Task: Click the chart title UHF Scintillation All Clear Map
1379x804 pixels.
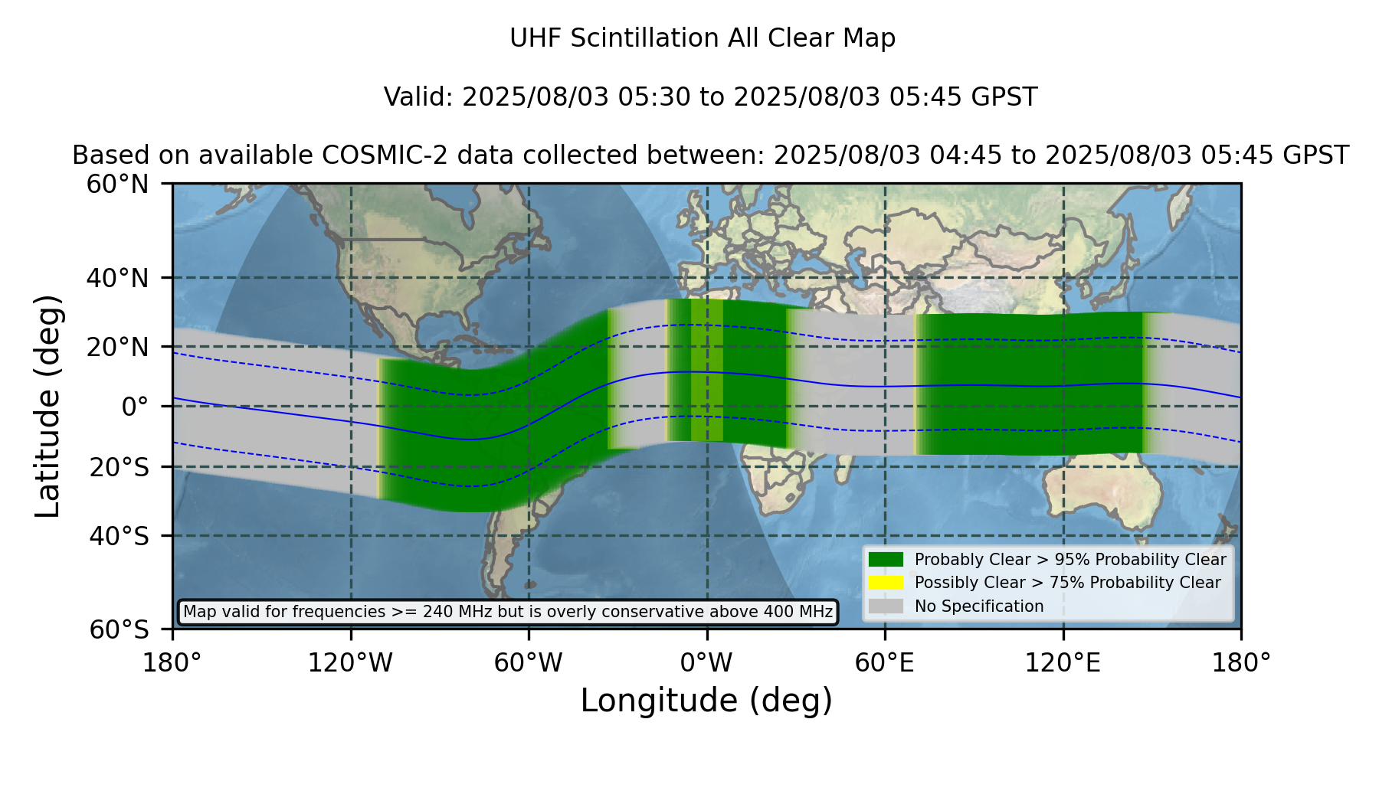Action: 703,38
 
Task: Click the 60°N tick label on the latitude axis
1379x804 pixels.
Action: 118,185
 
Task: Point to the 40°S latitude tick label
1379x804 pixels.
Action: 119,536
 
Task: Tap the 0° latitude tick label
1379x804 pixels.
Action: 136,407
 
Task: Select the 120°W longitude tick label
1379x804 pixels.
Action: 350,662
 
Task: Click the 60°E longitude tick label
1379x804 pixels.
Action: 885,662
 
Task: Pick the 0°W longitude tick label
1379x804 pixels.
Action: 706,662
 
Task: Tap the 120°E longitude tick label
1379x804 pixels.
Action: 1063,662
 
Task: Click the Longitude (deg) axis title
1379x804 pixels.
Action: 706,701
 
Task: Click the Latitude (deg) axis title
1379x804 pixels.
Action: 47,406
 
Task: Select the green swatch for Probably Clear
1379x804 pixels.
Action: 886,560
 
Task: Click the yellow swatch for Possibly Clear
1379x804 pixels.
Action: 886,583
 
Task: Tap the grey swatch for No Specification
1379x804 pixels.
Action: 886,606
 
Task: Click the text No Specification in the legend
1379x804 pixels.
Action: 979,606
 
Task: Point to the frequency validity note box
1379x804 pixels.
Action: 508,612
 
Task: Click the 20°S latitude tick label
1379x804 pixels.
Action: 119,467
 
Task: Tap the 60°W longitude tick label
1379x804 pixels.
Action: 528,662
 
